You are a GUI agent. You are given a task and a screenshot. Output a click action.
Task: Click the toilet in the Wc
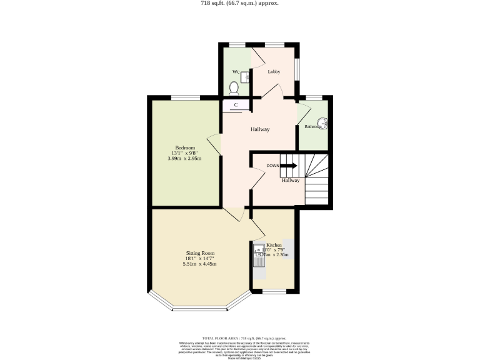point(234,87)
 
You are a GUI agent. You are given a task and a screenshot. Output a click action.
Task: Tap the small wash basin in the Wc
point(245,76)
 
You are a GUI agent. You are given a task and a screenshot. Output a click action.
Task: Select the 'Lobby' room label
point(273,72)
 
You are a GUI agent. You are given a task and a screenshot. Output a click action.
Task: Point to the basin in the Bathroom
point(324,123)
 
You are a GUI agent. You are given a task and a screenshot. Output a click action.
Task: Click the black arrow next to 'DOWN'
point(288,166)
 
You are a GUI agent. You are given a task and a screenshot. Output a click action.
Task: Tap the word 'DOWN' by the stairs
point(272,166)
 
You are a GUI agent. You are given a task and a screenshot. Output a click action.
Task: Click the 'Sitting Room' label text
point(199,253)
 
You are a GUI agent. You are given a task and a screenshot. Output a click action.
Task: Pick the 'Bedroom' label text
point(184,147)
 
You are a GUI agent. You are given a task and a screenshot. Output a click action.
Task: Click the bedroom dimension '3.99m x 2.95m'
point(184,159)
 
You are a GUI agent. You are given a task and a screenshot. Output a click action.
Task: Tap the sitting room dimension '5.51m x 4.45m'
point(199,264)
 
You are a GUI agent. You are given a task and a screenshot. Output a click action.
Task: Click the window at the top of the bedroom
point(186,97)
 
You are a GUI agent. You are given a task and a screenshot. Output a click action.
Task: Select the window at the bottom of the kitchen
point(273,291)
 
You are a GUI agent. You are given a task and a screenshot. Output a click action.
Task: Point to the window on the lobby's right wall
point(297,70)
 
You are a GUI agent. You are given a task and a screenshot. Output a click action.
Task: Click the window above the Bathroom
point(314,97)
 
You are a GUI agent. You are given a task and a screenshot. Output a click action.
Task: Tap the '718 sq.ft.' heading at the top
point(239,3)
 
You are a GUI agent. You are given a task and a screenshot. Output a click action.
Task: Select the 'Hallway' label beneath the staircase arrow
point(290,180)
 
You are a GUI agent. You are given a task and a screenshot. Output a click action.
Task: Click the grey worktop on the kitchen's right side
point(288,245)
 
